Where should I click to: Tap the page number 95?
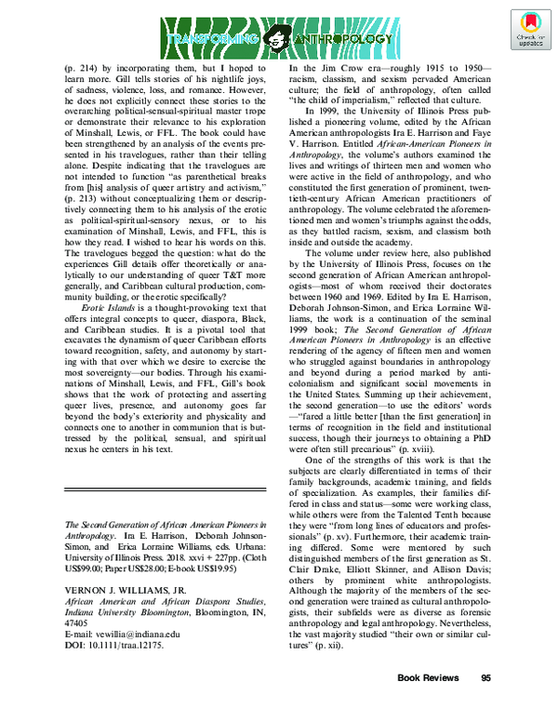485,704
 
